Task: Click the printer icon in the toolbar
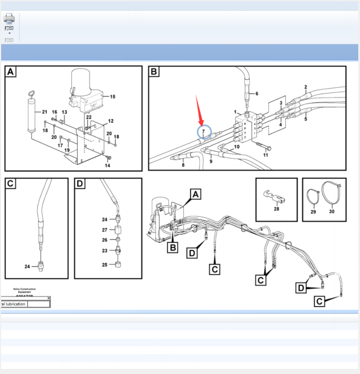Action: tap(9, 19)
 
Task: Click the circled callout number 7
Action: tap(204, 132)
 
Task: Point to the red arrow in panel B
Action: tap(199, 111)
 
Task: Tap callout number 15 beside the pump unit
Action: tap(112, 97)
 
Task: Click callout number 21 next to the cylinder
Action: tap(45, 112)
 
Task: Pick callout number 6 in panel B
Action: tap(256, 93)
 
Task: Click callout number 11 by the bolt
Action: tap(265, 155)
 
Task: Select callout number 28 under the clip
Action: tap(276, 209)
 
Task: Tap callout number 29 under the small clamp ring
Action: tap(313, 212)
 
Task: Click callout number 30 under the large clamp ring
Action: tap(331, 212)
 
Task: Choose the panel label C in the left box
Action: tap(11, 184)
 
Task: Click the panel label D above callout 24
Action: tap(80, 184)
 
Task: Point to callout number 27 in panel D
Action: tap(104, 230)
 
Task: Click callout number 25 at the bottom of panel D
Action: tap(104, 265)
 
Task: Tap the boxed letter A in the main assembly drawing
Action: tap(196, 194)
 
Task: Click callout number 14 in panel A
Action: tap(107, 165)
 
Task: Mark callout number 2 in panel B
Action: tap(306, 88)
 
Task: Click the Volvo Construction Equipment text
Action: tap(25, 291)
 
